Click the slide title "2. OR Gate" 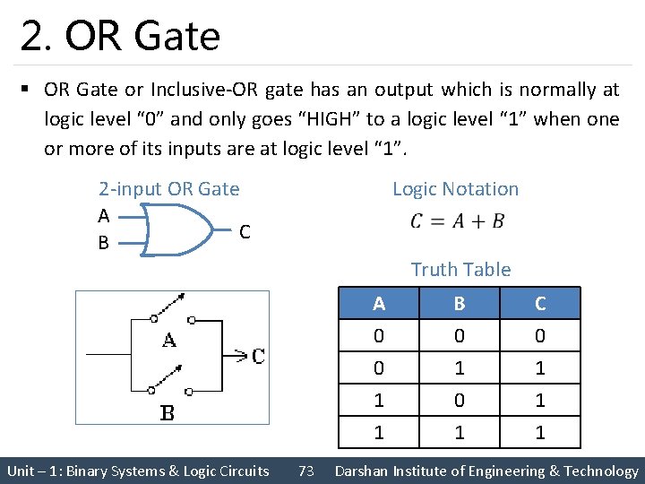(120, 36)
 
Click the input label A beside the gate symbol (104, 216)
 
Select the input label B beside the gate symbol (104, 242)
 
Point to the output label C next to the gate (245, 232)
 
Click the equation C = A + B (457, 221)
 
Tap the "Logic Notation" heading (455, 189)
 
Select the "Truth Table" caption (460, 270)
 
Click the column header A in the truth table (379, 304)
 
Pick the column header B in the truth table (459, 304)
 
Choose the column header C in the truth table (540, 304)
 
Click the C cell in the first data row (540, 336)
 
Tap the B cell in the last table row (459, 433)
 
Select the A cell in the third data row (379, 400)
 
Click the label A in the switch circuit (168, 341)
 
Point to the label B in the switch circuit (168, 413)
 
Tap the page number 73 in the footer (305, 471)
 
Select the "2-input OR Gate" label (168, 189)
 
